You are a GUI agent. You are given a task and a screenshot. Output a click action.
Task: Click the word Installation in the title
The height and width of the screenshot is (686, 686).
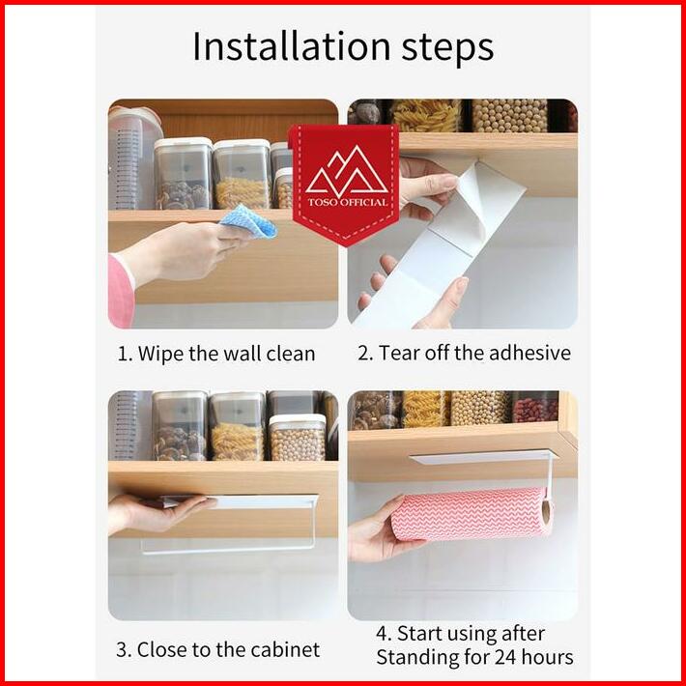click(291, 46)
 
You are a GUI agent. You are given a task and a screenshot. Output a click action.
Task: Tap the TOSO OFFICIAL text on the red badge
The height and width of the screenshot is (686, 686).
click(348, 202)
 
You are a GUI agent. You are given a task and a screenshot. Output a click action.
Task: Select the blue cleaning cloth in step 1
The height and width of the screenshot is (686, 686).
click(249, 221)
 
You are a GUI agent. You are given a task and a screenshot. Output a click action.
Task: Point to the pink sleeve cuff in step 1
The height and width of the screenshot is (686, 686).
click(121, 291)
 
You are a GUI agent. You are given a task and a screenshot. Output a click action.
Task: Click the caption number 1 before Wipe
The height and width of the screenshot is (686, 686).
click(124, 354)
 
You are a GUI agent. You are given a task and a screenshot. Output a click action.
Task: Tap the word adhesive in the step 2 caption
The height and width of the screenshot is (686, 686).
click(529, 353)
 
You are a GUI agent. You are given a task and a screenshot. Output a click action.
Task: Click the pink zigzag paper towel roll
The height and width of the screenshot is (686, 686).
click(472, 514)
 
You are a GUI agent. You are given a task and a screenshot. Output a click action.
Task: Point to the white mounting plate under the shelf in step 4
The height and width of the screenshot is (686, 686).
click(483, 458)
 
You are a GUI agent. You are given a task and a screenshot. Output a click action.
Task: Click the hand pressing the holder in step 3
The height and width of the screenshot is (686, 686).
click(154, 513)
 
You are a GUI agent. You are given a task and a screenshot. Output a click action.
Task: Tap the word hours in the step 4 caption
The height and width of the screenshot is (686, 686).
click(547, 657)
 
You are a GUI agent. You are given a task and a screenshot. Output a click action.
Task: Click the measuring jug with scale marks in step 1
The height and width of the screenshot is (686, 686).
click(134, 158)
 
